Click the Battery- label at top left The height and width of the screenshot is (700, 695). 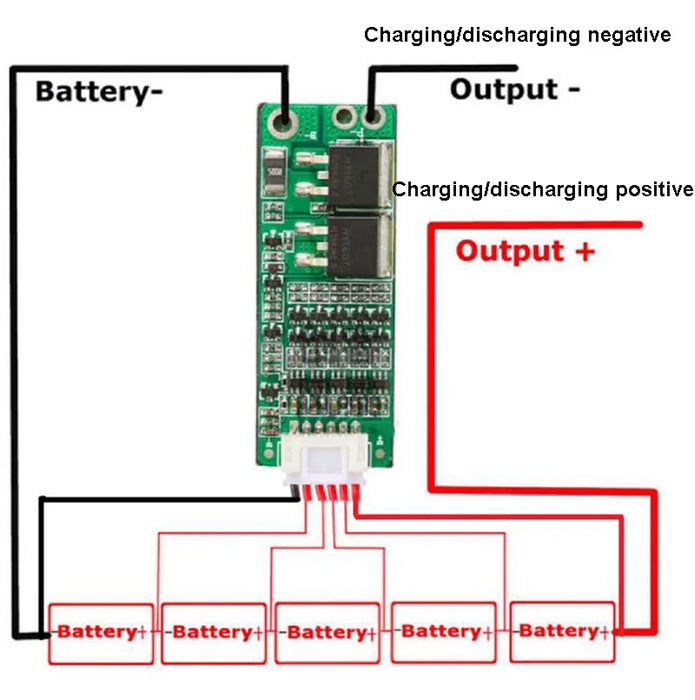click(x=99, y=92)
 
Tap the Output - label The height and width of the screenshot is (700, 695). click(x=515, y=89)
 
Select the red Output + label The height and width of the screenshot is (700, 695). click(x=525, y=250)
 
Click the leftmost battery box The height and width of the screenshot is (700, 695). click(x=101, y=632)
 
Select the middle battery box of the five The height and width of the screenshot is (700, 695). click(x=328, y=632)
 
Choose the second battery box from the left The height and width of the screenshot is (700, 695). click(x=214, y=632)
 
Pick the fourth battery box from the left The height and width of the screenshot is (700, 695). click(x=444, y=632)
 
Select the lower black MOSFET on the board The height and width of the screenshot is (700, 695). click(x=358, y=244)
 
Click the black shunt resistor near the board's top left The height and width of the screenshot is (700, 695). click(x=273, y=163)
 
